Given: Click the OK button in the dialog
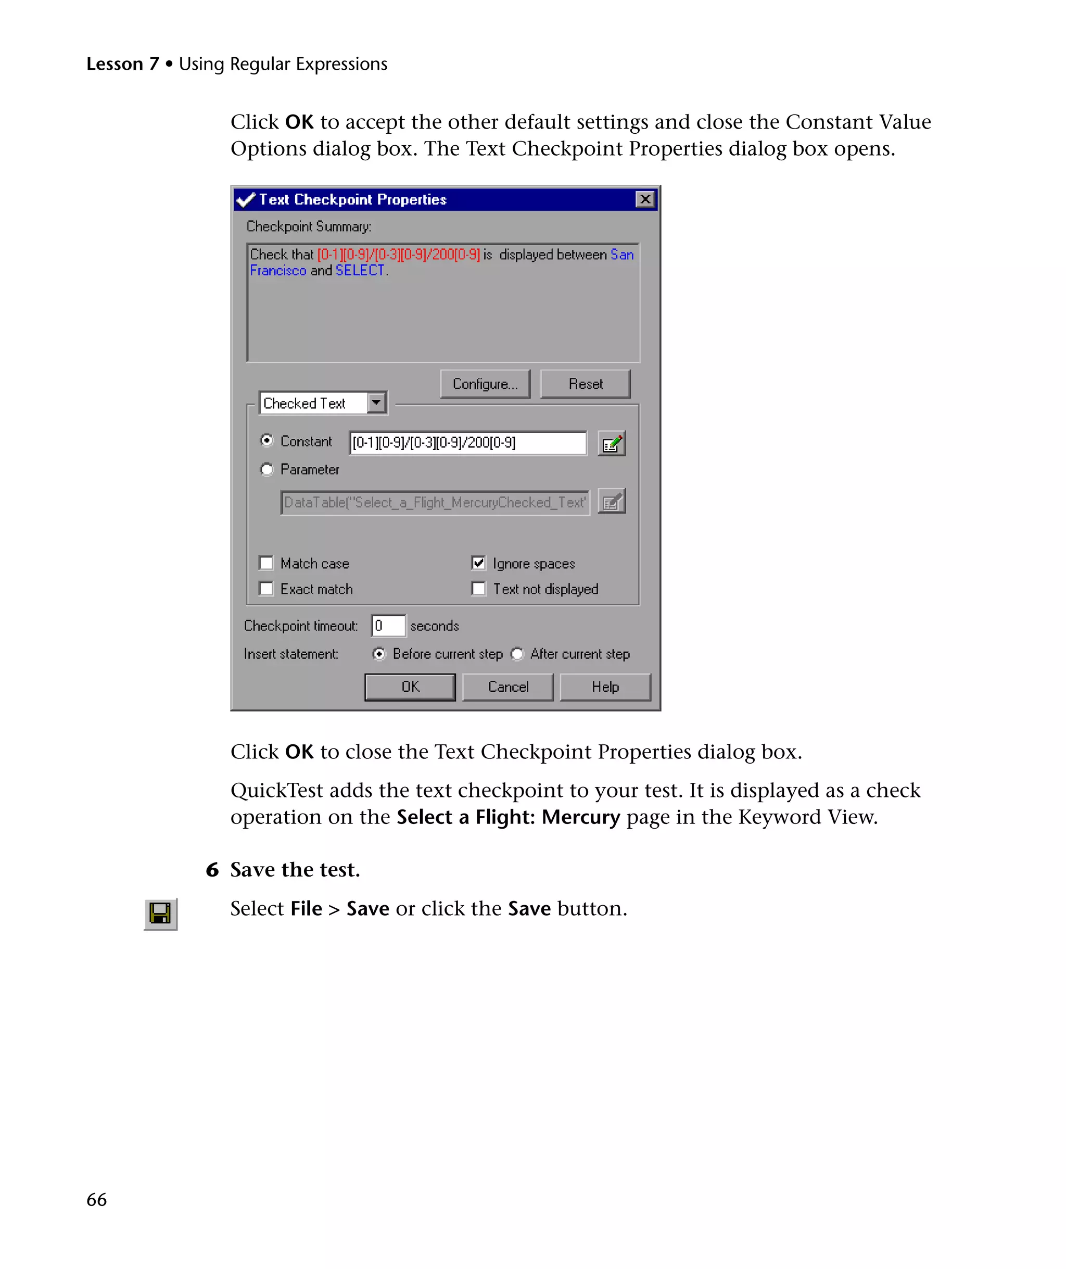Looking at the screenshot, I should tap(410, 687).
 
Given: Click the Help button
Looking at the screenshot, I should tap(605, 687).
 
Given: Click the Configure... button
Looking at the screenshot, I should tap(485, 384).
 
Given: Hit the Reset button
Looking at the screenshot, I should tap(585, 384).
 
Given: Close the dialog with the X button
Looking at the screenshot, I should tap(645, 199).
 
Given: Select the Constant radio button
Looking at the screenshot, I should tap(266, 440).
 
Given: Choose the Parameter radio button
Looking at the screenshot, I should tap(266, 469).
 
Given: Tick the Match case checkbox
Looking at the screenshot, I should tap(266, 563).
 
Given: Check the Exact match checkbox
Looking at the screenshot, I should tap(266, 589).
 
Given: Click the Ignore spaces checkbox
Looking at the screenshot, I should tap(478, 563).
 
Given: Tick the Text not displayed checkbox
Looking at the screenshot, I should tap(478, 589).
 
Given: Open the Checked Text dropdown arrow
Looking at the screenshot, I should tap(376, 402).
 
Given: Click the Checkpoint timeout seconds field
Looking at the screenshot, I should tap(388, 626).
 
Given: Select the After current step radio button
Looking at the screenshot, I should tap(517, 654).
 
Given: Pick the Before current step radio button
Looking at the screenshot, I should tap(379, 654).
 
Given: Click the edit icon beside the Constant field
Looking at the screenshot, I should tap(611, 443).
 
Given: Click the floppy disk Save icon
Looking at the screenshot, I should tap(160, 913).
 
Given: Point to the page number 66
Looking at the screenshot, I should tap(97, 1199).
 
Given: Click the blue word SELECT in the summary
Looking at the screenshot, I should tap(360, 270).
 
